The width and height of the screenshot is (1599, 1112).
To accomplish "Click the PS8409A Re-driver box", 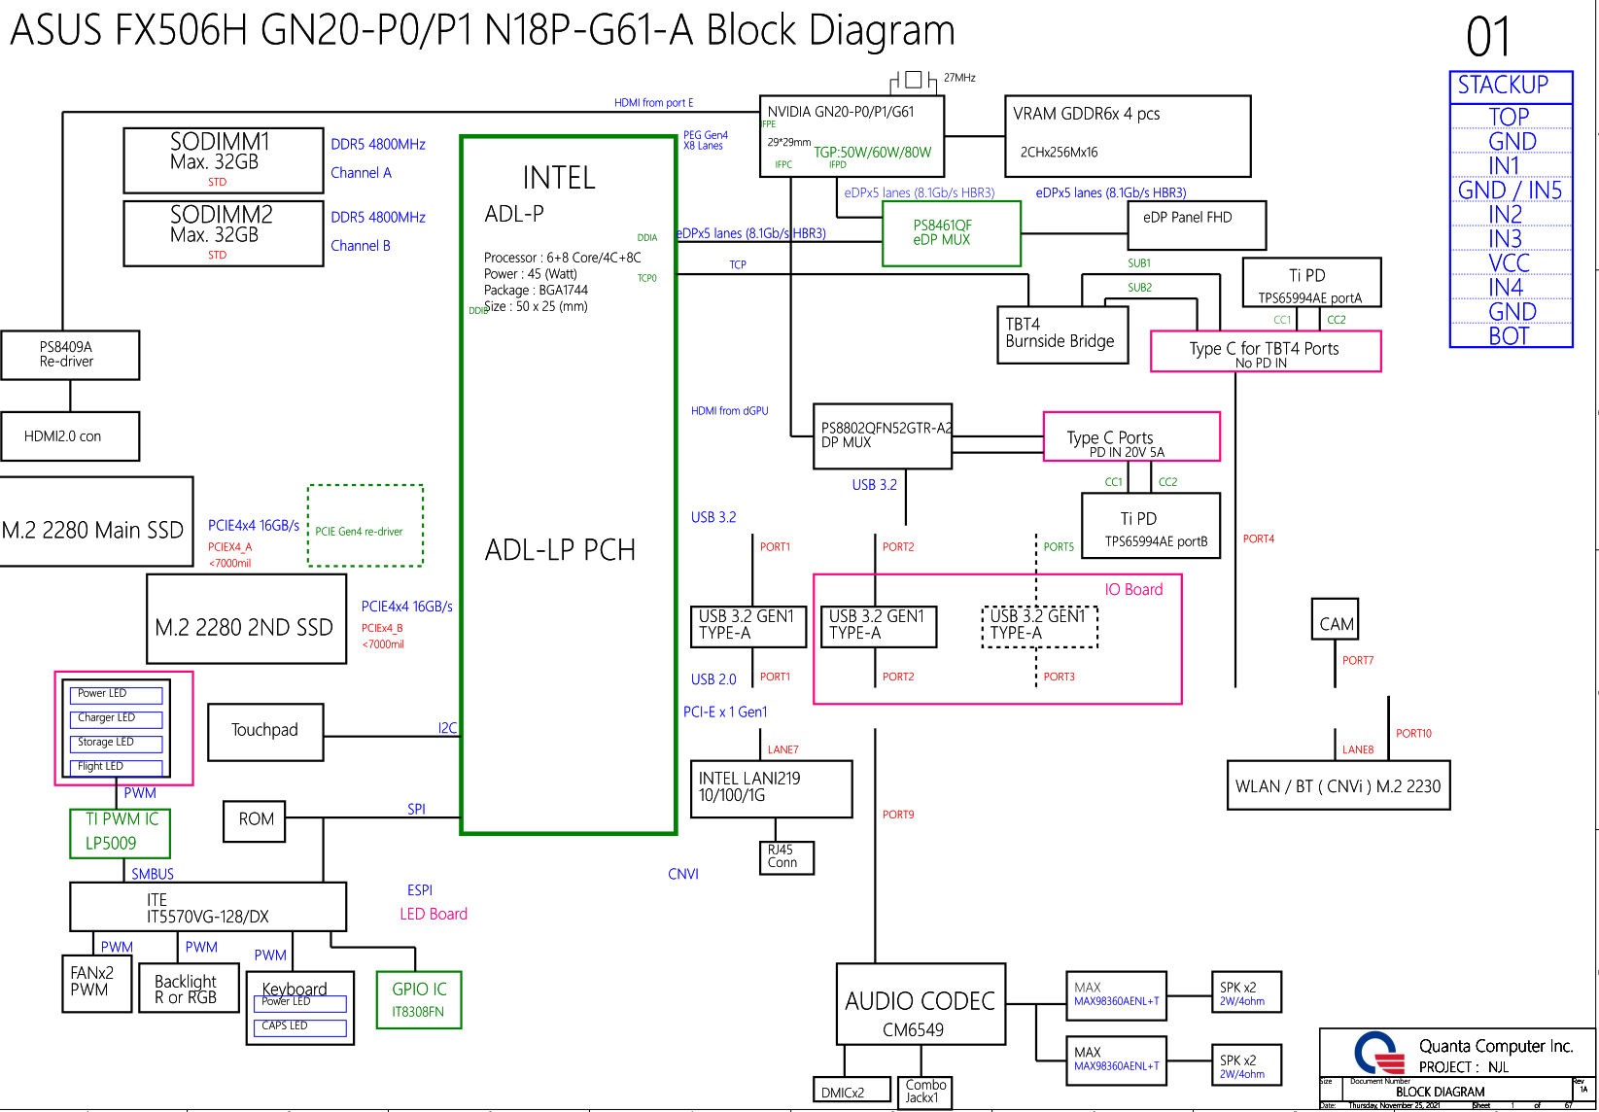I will click(x=69, y=355).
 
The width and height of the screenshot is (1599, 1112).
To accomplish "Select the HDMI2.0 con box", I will click(x=69, y=435).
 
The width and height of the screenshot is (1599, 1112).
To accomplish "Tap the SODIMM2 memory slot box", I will click(x=223, y=233).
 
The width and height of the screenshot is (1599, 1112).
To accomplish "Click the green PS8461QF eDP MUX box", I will click(x=951, y=233).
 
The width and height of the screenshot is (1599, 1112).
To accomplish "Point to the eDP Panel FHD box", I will click(x=1197, y=225).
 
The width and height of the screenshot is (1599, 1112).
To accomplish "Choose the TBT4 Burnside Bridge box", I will click(x=1061, y=334).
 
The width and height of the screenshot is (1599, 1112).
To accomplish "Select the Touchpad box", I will click(x=264, y=732).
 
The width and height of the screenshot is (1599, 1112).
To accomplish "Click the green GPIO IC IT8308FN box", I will click(x=419, y=999).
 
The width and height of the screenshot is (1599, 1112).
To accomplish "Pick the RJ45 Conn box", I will click(x=784, y=857).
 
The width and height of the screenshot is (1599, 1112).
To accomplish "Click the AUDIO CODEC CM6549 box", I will click(x=920, y=1004).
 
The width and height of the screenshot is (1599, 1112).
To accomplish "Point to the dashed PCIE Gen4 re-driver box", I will click(x=365, y=526).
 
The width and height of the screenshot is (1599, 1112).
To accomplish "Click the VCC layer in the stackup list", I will click(x=1509, y=262).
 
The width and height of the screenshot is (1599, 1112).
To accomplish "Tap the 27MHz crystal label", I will click(x=959, y=78).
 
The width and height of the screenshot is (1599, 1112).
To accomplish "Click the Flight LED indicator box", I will click(x=115, y=767).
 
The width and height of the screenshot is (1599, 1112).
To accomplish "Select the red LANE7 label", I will click(x=782, y=749).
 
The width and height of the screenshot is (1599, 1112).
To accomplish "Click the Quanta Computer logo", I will click(x=1379, y=1053).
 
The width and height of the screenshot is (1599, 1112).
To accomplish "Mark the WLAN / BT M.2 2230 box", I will click(x=1338, y=786).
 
